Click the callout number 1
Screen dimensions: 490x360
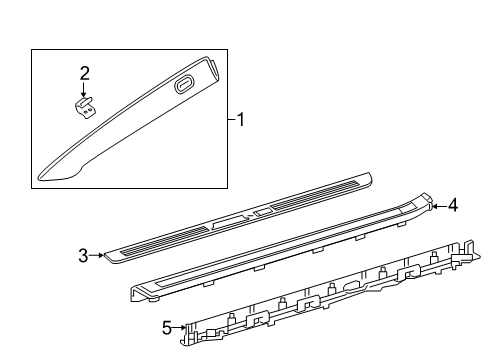(x=240, y=120)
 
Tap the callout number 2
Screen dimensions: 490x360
(x=85, y=73)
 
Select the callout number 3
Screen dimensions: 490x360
(x=83, y=256)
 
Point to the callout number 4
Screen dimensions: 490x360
(x=453, y=205)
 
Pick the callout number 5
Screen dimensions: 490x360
(x=167, y=328)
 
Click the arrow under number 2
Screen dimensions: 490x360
(x=83, y=90)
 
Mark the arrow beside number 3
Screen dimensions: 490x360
(x=97, y=255)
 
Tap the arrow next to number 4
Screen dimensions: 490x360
(x=439, y=207)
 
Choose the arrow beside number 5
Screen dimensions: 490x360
(x=179, y=327)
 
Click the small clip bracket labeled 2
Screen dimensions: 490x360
(x=85, y=108)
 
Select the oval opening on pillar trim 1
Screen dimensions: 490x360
(x=184, y=85)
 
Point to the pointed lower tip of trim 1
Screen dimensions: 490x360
(x=39, y=177)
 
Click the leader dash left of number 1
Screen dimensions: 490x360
(x=232, y=119)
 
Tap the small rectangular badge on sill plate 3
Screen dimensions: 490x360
(x=262, y=211)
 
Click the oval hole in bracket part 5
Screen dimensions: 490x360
(x=353, y=286)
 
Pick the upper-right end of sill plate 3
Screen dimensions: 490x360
(x=369, y=176)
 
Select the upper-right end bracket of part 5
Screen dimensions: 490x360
(x=466, y=253)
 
